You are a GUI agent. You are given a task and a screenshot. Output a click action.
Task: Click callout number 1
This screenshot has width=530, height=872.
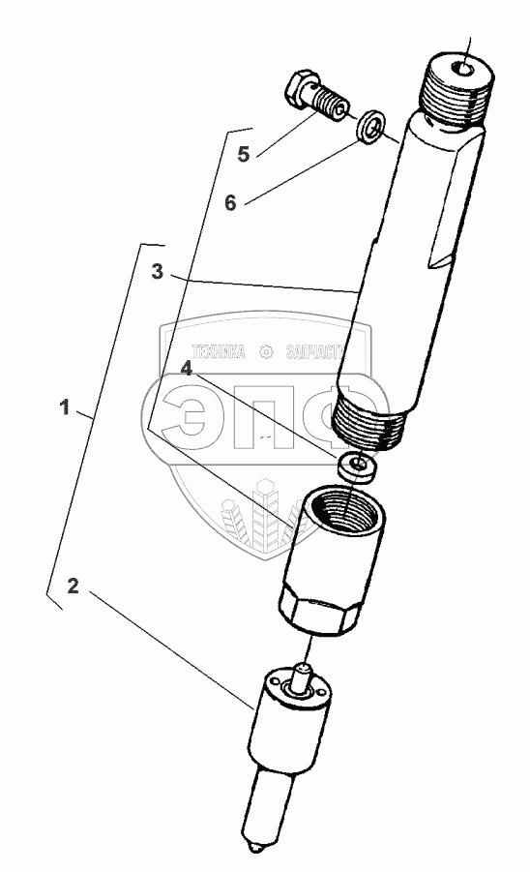(65, 407)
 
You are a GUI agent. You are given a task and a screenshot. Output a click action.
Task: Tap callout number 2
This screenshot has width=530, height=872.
(74, 586)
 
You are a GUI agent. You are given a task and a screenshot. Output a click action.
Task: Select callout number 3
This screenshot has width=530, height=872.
(158, 272)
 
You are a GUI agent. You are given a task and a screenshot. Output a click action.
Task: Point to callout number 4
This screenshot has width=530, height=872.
(186, 368)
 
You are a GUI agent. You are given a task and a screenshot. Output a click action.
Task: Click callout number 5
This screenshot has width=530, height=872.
(244, 154)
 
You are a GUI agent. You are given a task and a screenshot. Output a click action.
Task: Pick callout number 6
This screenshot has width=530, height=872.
(230, 202)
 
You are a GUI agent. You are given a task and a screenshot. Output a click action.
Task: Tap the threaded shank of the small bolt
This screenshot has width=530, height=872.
(329, 105)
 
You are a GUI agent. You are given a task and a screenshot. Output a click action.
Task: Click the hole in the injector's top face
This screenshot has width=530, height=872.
(462, 70)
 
